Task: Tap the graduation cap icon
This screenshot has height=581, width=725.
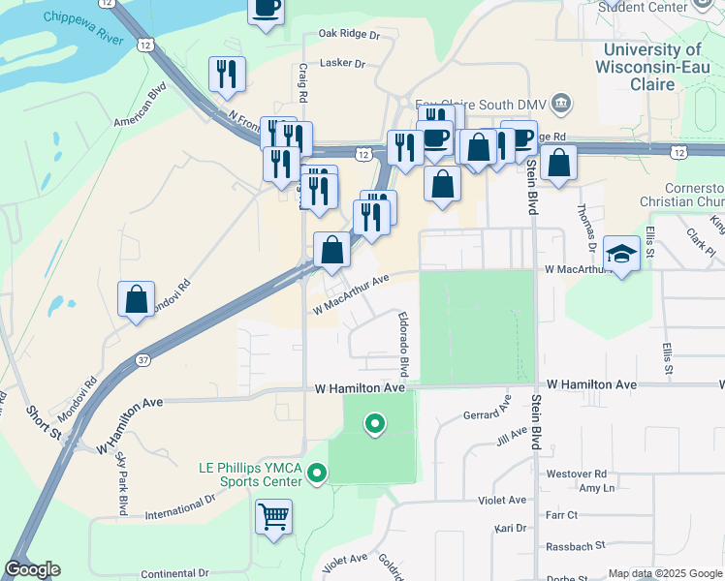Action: click(x=621, y=254)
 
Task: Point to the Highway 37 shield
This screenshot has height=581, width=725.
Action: click(x=143, y=360)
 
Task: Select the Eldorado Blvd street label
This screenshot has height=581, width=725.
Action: click(x=402, y=345)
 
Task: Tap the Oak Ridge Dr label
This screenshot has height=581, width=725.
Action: click(x=350, y=34)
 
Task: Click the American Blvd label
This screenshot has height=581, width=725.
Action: click(x=142, y=107)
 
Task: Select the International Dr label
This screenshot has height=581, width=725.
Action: click(x=179, y=507)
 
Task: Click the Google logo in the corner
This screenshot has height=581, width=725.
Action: click(x=32, y=569)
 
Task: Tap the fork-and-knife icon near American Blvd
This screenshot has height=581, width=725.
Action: click(x=227, y=75)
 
